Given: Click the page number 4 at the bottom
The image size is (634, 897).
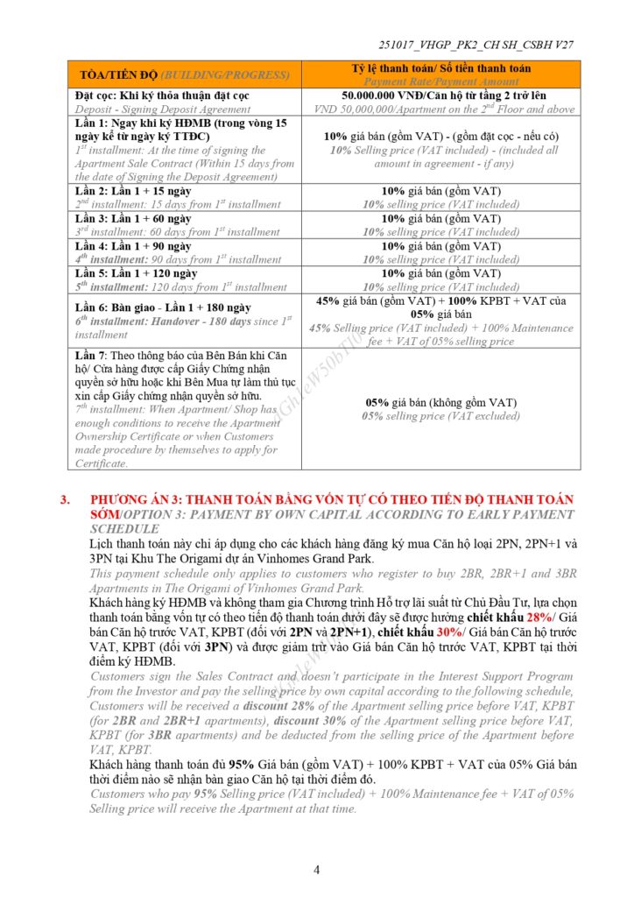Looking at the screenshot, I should tap(317, 870).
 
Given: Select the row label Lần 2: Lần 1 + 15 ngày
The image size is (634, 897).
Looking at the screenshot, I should tap(133, 191).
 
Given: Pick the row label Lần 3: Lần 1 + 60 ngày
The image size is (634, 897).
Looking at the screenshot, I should tap(133, 218).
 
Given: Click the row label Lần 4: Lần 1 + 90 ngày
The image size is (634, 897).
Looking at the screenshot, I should tap(133, 246).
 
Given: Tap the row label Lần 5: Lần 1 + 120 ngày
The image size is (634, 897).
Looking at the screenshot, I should tap(136, 273).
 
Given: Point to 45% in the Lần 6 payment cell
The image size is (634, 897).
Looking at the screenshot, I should tap(328, 300).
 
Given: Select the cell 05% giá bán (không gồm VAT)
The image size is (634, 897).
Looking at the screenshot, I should tap(440, 402).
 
